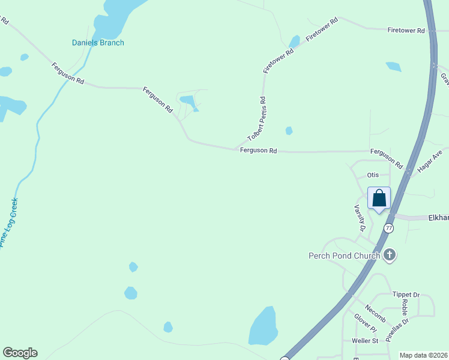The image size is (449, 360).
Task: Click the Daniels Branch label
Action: [x=98, y=43]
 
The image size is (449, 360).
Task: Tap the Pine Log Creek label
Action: [x=9, y=223]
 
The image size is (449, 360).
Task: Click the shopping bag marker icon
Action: [x=379, y=198]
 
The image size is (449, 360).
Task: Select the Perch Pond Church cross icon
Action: [x=390, y=256]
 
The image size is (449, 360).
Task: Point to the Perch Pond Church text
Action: [x=344, y=256]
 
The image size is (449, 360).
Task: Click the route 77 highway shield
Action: [x=389, y=228]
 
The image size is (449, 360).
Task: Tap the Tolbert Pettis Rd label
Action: [x=256, y=119]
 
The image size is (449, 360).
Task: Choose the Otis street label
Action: [x=373, y=175]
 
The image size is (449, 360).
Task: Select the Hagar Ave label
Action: [x=429, y=161]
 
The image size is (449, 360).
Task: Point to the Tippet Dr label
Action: [x=406, y=295]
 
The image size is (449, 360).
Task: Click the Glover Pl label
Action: [x=365, y=323]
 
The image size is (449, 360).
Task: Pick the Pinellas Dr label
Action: [x=397, y=329]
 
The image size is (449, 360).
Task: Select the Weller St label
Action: [x=365, y=341]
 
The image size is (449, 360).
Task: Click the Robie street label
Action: [x=405, y=308]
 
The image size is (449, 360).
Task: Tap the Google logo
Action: [x=20, y=353]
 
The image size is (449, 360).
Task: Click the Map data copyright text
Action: [x=423, y=355]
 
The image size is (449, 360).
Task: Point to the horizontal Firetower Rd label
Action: [x=406, y=30]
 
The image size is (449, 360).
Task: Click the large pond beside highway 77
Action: [x=263, y=327]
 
